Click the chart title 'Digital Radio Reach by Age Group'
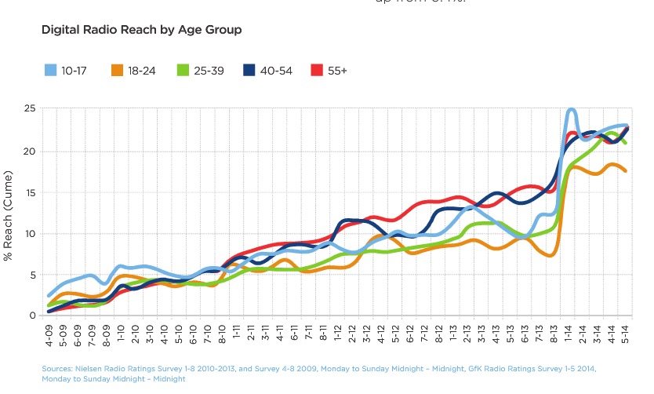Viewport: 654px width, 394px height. (x=141, y=30)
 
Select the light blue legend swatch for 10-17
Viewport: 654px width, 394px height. (x=51, y=70)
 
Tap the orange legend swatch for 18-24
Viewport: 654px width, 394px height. (x=118, y=70)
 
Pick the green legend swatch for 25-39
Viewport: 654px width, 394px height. (x=186, y=70)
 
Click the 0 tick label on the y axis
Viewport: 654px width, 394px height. (x=31, y=316)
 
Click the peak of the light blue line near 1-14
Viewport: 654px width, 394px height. (x=571, y=110)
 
